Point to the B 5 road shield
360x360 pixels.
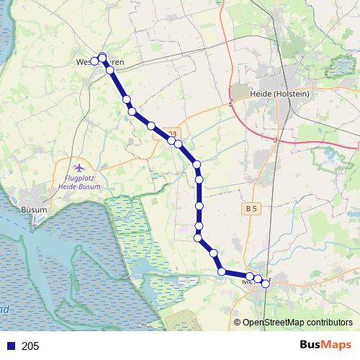click(251, 208)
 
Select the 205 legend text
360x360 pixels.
click(30, 346)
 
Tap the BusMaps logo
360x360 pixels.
click(325, 346)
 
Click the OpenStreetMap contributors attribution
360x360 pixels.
click(297, 323)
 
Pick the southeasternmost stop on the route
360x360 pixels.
click(265, 284)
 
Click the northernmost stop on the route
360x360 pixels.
click(102, 57)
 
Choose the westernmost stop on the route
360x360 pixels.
click(94, 62)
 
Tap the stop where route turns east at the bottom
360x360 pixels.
click(222, 271)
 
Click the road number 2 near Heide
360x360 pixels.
click(231, 102)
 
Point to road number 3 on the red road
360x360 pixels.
click(276, 140)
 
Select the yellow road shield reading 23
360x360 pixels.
click(171, 133)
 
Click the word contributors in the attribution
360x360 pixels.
click(328, 323)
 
